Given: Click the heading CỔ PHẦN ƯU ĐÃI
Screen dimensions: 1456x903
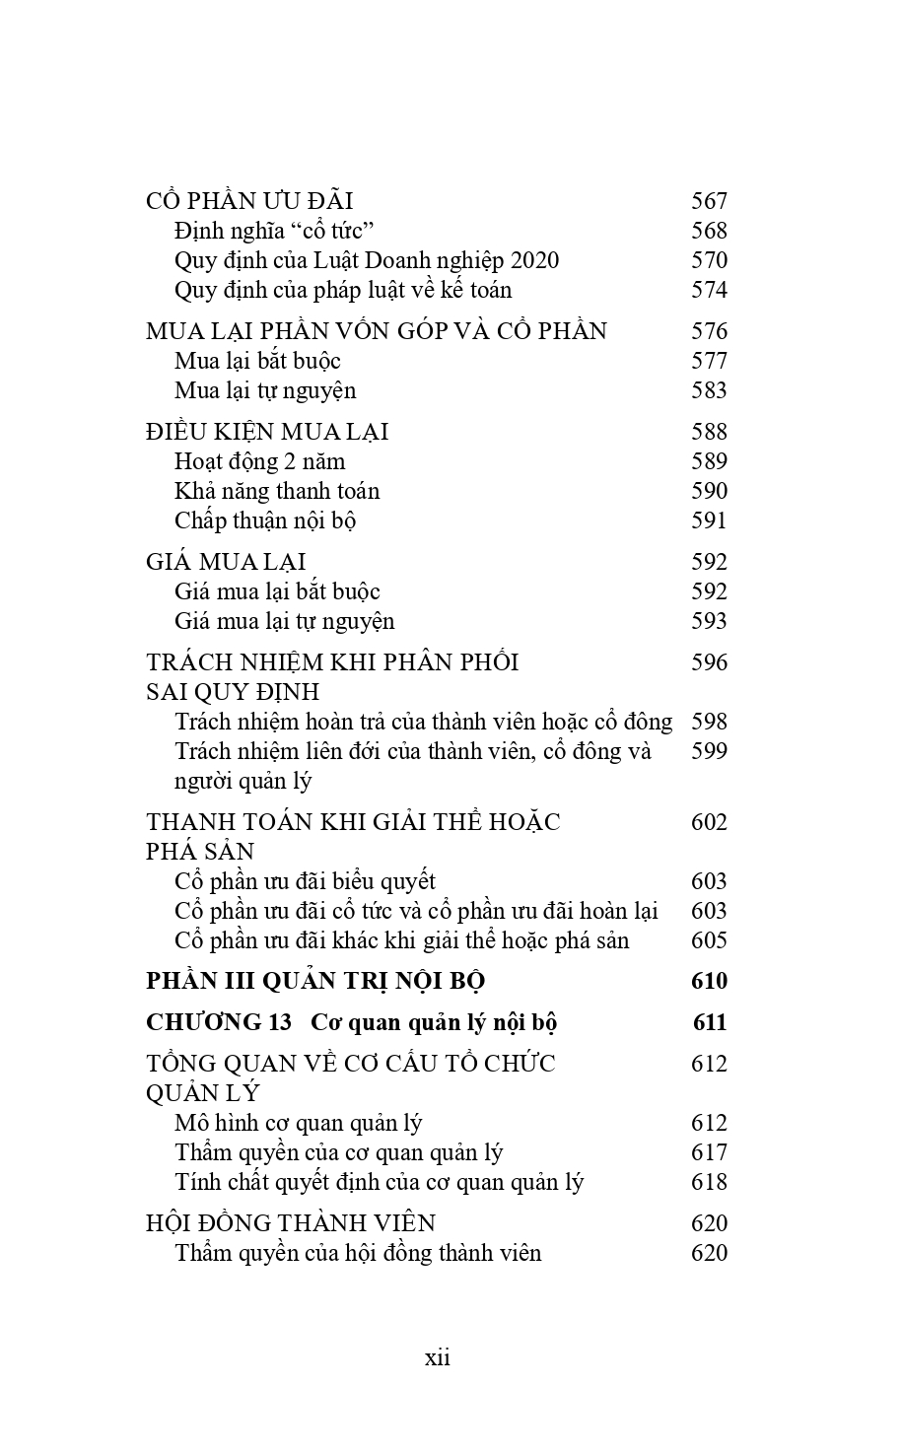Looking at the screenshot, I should tap(248, 201).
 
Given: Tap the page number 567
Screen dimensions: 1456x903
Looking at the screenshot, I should tap(709, 201).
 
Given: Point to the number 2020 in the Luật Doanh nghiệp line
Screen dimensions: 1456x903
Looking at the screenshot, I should tap(531, 260).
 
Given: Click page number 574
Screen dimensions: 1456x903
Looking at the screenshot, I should tap(709, 290).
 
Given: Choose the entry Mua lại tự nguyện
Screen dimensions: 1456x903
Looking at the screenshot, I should tap(265, 390).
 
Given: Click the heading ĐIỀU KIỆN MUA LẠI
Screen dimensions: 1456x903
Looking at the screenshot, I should tap(267, 432).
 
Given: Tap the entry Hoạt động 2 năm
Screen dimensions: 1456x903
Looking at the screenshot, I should tap(259, 461).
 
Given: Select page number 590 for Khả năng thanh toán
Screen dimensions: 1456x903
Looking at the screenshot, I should tap(709, 491).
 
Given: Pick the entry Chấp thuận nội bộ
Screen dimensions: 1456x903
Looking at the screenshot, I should tap(264, 520).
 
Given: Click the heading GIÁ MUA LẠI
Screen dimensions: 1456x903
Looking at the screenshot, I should tap(226, 562).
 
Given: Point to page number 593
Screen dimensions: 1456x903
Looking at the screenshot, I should tap(709, 621).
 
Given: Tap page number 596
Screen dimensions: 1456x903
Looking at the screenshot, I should tap(709, 662).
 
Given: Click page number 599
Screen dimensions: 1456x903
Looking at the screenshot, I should tap(709, 751).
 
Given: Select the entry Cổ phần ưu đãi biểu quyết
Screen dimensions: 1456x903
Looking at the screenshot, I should tap(305, 881).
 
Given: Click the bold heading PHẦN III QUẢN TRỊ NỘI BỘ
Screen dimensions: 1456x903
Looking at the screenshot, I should tap(315, 981).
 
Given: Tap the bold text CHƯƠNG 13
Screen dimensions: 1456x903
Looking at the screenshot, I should tap(219, 1022).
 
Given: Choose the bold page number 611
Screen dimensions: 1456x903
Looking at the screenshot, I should tap(709, 1022).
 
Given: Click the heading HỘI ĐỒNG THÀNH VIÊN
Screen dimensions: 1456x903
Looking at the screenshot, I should tap(290, 1223).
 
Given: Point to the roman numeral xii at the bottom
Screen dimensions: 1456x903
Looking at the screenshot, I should tap(438, 1357).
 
